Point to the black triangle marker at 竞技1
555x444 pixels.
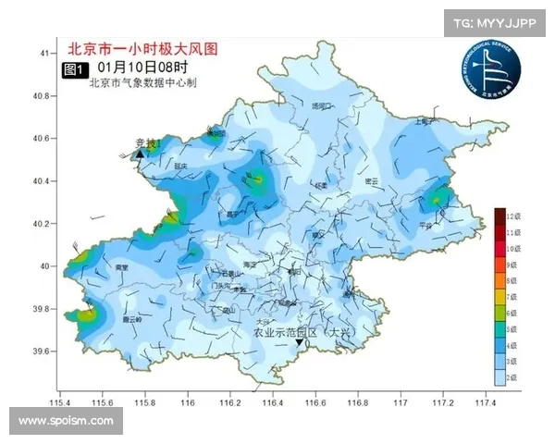pyautogui.click(x=140, y=154)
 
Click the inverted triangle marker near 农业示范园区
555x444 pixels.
pyautogui.click(x=300, y=343)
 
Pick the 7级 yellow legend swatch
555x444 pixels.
pyautogui.click(x=499, y=297)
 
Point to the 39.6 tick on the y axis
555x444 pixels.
pyautogui.click(x=39, y=351)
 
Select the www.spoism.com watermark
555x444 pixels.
pyautogui.click(x=66, y=421)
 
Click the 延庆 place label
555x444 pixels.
pyautogui.click(x=181, y=166)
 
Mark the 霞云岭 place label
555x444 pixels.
pyautogui.click(x=132, y=319)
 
